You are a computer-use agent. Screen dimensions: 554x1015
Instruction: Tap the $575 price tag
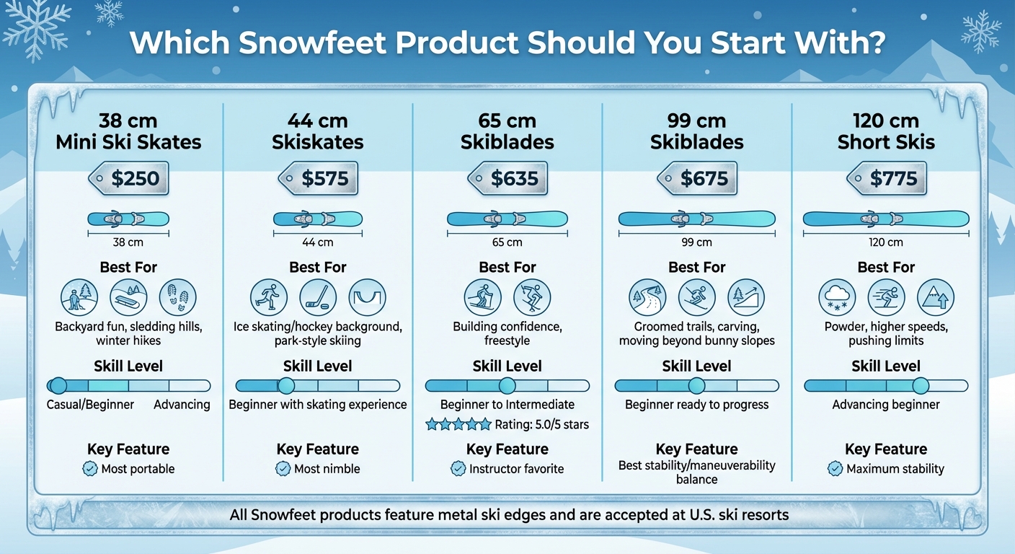coord(318,178)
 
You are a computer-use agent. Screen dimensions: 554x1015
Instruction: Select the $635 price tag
coord(507,178)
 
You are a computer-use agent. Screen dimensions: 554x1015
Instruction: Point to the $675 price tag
coord(697,178)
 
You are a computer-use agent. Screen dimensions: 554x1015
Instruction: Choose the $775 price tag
coord(887,178)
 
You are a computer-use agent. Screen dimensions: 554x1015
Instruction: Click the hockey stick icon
coord(318,297)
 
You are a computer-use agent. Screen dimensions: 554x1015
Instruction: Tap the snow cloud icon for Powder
coord(838,297)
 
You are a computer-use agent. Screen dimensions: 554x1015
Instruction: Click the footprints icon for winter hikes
coord(177,297)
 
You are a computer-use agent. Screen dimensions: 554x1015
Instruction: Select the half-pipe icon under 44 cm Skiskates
coord(367,297)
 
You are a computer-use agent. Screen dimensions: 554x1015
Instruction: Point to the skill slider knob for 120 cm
coord(921,386)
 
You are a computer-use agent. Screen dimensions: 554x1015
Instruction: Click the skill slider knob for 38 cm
coord(58,386)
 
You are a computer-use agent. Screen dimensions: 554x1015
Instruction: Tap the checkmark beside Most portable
coord(90,469)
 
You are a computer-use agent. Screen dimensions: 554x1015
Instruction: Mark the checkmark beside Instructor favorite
coord(458,469)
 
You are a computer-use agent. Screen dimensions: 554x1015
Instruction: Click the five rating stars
coord(458,424)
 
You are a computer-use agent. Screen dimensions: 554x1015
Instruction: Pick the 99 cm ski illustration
coord(697,219)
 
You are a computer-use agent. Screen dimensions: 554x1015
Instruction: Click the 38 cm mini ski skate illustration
coord(128,219)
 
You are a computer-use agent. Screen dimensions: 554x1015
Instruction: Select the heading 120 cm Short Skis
coord(886,131)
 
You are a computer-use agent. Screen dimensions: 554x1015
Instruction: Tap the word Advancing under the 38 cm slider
coord(182,404)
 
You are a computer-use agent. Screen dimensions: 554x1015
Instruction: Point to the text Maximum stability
coord(895,469)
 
